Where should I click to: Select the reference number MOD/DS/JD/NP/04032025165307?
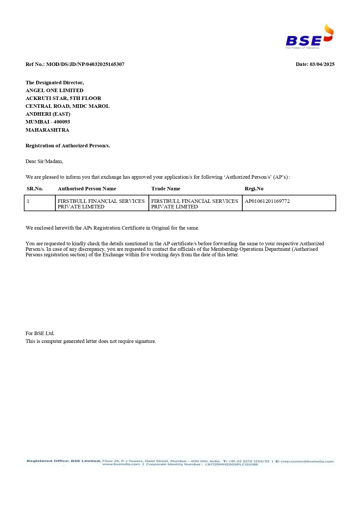(85, 64)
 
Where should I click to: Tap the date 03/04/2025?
(322, 64)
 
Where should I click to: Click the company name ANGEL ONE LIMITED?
(54, 90)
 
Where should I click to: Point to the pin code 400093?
(62, 122)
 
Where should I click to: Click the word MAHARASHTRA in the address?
(47, 130)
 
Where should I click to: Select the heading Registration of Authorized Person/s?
(68, 146)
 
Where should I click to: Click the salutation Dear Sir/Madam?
(44, 161)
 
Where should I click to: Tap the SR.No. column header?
(35, 189)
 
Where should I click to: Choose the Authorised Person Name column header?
(87, 189)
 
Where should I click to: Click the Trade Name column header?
(165, 189)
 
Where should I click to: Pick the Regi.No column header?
(254, 189)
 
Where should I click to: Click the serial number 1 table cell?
(28, 201)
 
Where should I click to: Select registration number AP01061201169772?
(267, 201)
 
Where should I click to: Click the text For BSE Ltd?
(40, 333)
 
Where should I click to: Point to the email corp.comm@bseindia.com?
(307, 461)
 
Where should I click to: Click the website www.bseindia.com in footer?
(121, 464)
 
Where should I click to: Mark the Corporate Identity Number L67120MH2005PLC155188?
(231, 464)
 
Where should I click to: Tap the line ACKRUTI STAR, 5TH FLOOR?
(63, 98)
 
